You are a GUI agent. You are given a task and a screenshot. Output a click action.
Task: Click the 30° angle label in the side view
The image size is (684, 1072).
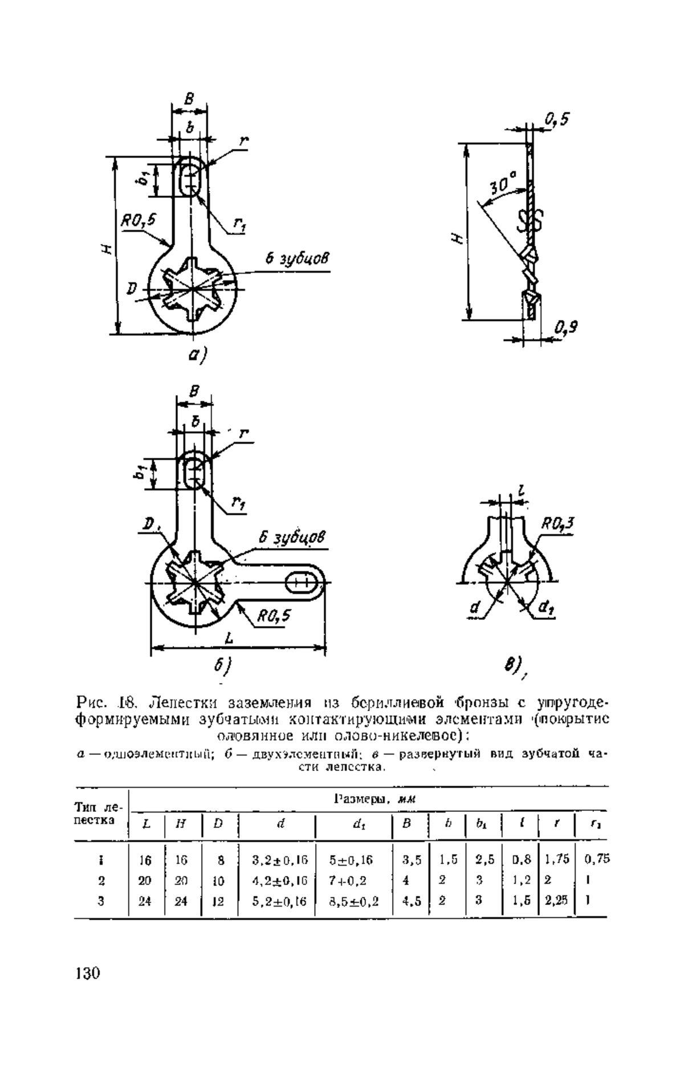(503, 184)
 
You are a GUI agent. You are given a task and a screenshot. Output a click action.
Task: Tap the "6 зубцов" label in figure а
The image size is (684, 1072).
(297, 259)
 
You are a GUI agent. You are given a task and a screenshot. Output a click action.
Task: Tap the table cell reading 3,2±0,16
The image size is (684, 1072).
(276, 860)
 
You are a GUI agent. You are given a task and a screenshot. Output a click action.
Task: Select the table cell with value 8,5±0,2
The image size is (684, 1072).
(353, 902)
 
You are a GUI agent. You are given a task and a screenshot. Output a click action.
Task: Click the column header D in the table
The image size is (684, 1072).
(218, 825)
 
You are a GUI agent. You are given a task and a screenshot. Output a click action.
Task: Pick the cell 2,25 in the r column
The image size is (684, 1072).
(556, 902)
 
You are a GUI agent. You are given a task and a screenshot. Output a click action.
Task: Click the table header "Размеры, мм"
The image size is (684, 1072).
(374, 799)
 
